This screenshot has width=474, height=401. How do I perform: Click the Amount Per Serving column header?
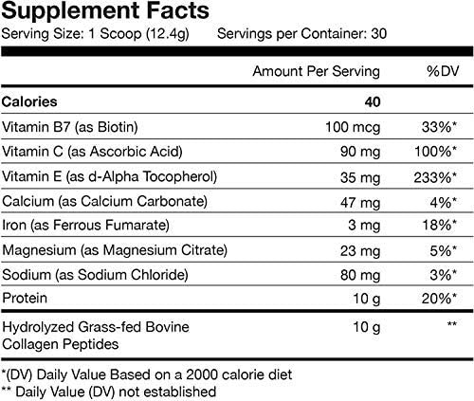tap(317, 71)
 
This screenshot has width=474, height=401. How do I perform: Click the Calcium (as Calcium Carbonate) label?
tap(105, 201)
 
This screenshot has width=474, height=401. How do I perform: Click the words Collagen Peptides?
tap(63, 342)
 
